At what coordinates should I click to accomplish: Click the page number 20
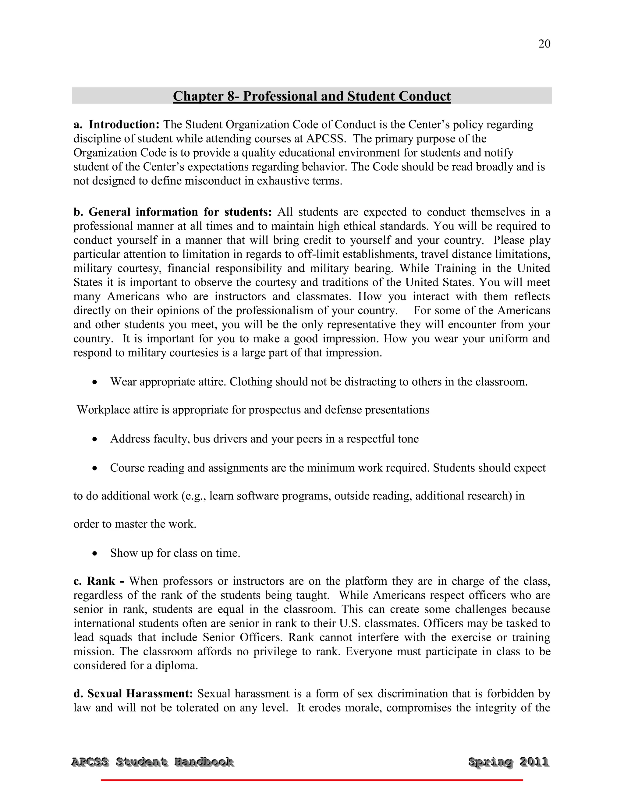pyautogui.click(x=544, y=44)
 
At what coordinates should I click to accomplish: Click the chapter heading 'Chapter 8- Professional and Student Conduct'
pyautogui.click(x=312, y=96)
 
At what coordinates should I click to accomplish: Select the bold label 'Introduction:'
pyautogui.click(x=124, y=125)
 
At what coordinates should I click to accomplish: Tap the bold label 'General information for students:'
pyautogui.click(x=180, y=212)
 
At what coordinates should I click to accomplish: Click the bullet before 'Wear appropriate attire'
pyautogui.click(x=95, y=382)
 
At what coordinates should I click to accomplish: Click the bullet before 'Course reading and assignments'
pyautogui.click(x=95, y=468)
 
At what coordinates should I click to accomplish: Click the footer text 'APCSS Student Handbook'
pyautogui.click(x=152, y=762)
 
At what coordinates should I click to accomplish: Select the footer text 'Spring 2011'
pyautogui.click(x=508, y=762)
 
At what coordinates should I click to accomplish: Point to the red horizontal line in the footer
pyautogui.click(x=312, y=780)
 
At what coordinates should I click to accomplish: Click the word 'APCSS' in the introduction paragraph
pyautogui.click(x=326, y=139)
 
